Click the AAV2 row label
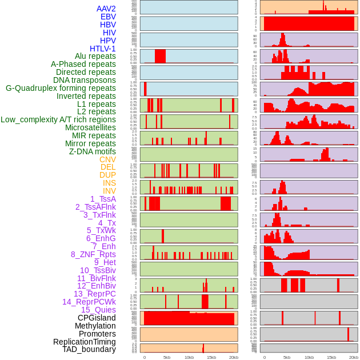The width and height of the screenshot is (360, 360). [x=106, y=9]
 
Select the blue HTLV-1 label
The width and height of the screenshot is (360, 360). [x=102, y=49]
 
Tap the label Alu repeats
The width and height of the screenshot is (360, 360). [x=95, y=56]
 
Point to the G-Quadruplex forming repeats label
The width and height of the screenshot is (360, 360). [x=61, y=88]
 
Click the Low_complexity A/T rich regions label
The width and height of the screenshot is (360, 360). [x=58, y=119]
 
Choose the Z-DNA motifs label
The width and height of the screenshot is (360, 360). [x=92, y=151]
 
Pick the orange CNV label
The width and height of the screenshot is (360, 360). [x=107, y=159]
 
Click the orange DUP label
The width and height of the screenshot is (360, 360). [x=107, y=175]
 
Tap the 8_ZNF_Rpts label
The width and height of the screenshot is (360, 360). [x=93, y=254]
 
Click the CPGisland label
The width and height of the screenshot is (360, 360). [x=97, y=318]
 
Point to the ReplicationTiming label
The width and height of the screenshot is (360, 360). [x=84, y=342]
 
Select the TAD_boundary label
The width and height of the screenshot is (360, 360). [x=89, y=349]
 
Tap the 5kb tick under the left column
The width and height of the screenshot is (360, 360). [x=167, y=357]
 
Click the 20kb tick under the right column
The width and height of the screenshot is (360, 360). [x=354, y=357]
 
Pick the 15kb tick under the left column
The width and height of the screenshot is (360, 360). [x=211, y=357]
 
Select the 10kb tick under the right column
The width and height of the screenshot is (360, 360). [x=309, y=357]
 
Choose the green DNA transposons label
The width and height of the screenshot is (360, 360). [x=85, y=80]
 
